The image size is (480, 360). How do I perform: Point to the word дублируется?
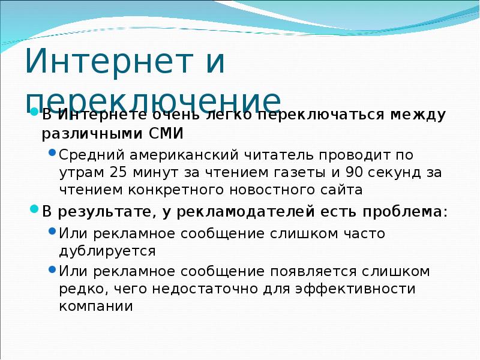click(107, 250)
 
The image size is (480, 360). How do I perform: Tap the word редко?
click(79, 289)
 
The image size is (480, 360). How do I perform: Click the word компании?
click(95, 306)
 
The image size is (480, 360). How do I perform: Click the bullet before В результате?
click(35, 209)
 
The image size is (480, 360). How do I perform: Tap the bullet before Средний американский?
click(52, 153)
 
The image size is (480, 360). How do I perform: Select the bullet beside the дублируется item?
click(52, 231)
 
